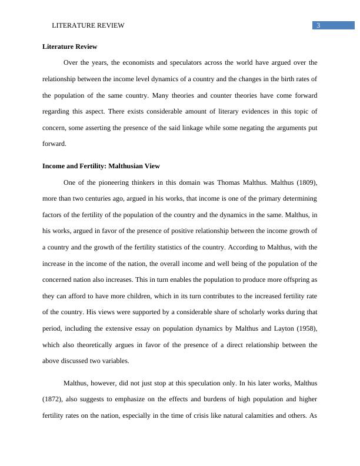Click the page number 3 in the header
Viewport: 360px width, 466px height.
[318, 25]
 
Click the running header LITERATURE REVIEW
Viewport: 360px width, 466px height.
[88, 25]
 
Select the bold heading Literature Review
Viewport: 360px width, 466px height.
[70, 46]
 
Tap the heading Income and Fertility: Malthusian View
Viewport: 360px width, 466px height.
[101, 166]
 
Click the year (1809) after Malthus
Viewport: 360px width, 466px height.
[304, 182]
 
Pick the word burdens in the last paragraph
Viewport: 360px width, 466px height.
[196, 399]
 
